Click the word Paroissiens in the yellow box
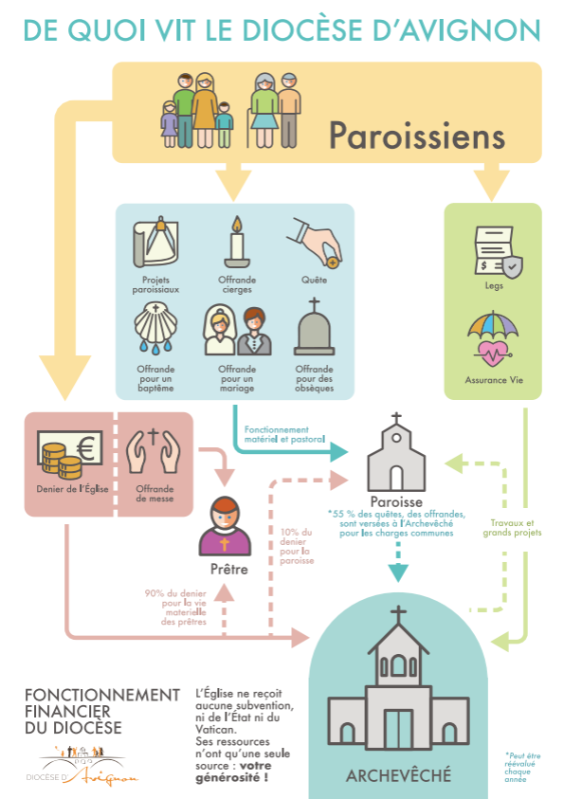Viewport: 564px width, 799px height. pos(417,136)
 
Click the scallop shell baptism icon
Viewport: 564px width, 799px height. pos(155,327)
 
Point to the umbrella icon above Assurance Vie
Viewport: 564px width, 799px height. pos(493,338)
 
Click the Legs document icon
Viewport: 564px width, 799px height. pos(498,252)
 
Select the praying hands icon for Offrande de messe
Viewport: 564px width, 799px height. pos(154,451)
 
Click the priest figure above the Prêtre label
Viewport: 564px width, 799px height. pos(225,526)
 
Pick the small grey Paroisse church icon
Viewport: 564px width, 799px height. pos(396,452)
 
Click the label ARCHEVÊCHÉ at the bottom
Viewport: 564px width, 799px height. pos(398,775)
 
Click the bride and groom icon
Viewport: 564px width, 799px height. pos(237,330)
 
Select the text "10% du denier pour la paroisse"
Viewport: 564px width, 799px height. pos(297,546)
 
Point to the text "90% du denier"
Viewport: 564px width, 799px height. pos(175,593)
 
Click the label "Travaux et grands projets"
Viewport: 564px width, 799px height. pos(512,527)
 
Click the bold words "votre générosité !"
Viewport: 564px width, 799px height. pos(234,772)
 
